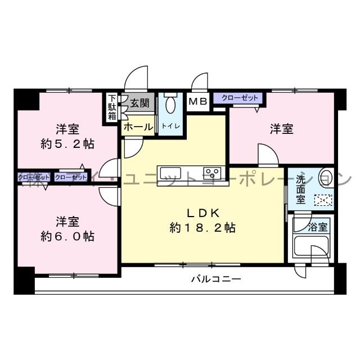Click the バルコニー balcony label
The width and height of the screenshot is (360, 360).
[x=215, y=278]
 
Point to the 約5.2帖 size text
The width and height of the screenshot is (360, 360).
[x=67, y=144]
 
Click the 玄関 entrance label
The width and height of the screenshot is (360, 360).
[x=139, y=103]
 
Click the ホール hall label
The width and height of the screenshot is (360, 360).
[x=138, y=127]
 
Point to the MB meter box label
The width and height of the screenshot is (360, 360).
[x=197, y=102]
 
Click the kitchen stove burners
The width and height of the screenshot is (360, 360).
[x=213, y=172]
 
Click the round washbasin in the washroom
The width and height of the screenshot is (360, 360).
[x=325, y=177]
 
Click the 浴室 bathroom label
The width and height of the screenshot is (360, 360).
[x=318, y=227]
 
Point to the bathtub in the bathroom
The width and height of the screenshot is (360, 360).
[x=309, y=247]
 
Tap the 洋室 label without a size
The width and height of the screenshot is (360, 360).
[x=281, y=129]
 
